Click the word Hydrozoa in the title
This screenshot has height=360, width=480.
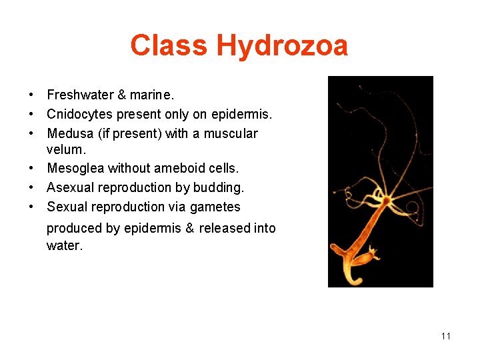(x=282, y=46)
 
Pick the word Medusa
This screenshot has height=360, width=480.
(x=70, y=133)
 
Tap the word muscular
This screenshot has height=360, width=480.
(x=230, y=133)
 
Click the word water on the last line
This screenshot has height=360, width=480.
(x=64, y=245)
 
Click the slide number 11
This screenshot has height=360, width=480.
(x=446, y=336)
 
